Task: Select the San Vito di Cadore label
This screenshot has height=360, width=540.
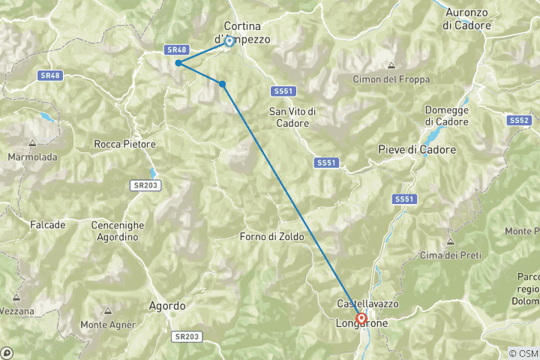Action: click(x=292, y=117)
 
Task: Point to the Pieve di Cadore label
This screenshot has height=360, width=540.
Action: click(x=418, y=150)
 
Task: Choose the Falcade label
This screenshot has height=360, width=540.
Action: click(x=48, y=225)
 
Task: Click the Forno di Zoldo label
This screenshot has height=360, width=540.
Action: click(x=272, y=237)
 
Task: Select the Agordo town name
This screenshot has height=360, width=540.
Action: click(x=167, y=306)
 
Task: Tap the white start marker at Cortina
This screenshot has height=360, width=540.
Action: click(x=229, y=41)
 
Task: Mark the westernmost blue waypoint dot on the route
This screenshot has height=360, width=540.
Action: click(x=178, y=63)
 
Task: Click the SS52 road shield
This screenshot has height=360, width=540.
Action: click(x=519, y=120)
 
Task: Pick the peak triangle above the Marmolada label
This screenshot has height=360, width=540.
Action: click(x=33, y=143)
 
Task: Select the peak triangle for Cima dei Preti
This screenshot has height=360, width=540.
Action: click(x=450, y=241)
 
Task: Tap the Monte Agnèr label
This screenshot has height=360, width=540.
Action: click(x=108, y=325)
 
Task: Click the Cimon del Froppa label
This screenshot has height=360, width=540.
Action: click(x=388, y=79)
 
